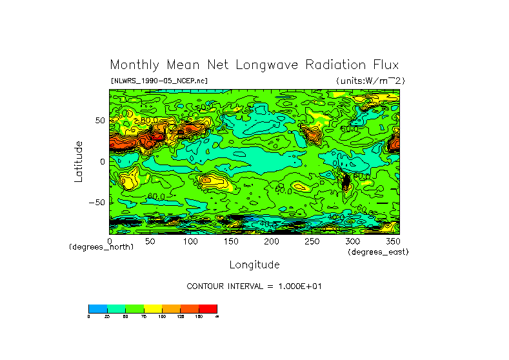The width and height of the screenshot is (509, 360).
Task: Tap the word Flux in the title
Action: click(384, 65)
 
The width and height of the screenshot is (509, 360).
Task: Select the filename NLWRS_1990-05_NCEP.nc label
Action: click(159, 81)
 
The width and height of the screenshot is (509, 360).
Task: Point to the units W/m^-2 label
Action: click(370, 81)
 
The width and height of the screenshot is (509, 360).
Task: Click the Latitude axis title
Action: click(78, 161)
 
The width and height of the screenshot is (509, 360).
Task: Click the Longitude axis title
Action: click(254, 265)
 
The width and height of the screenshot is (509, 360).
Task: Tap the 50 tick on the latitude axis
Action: click(99, 121)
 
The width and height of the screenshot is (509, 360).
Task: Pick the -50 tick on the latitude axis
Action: click(97, 203)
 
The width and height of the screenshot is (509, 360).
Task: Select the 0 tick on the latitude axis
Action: click(102, 161)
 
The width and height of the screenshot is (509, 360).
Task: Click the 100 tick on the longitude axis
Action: click(190, 241)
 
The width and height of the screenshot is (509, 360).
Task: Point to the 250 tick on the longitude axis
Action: click(311, 241)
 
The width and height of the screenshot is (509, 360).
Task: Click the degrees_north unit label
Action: click(101, 248)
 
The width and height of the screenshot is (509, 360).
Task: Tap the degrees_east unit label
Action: click(378, 252)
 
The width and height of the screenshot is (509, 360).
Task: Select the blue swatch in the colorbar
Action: click(97, 308)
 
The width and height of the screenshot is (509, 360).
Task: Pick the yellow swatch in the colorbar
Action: click(152, 308)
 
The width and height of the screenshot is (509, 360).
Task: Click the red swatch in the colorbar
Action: click(208, 308)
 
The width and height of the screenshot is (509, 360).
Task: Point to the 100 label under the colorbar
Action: click(162, 317)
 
